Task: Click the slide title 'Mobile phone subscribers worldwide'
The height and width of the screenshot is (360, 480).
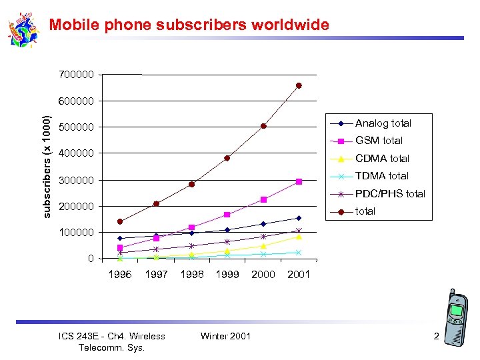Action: point(189,25)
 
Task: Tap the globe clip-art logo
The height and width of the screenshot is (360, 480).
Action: point(24,30)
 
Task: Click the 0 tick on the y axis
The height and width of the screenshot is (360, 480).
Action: point(91,259)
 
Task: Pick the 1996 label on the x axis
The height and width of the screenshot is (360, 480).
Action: point(120,274)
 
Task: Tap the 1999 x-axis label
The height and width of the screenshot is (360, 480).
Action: point(227,274)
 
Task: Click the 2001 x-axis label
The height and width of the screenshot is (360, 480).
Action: point(299,274)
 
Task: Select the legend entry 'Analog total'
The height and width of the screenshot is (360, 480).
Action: point(383,123)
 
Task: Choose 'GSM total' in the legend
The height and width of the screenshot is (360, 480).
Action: point(379,141)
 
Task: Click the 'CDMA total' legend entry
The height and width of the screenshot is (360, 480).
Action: point(382,159)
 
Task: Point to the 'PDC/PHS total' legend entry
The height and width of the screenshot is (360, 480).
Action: point(390,194)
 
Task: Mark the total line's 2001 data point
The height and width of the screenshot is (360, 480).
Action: point(299,85)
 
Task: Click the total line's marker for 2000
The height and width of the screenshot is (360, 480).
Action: point(263,126)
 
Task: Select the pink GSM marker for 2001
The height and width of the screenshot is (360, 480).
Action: point(299,181)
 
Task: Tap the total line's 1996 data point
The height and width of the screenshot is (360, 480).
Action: point(120,221)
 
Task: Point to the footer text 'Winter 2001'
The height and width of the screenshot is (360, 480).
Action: point(225,336)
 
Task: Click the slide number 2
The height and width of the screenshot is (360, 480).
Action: point(436,337)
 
